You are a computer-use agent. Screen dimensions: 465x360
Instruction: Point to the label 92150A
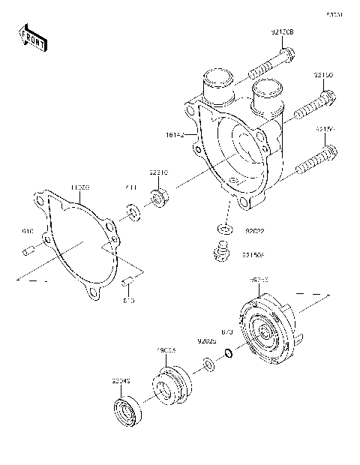pyautogui.click(x=253, y=254)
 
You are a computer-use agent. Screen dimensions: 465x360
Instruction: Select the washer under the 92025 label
pyautogui.click(x=208, y=367)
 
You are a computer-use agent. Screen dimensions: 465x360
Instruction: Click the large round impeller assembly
pyautogui.click(x=268, y=331)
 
